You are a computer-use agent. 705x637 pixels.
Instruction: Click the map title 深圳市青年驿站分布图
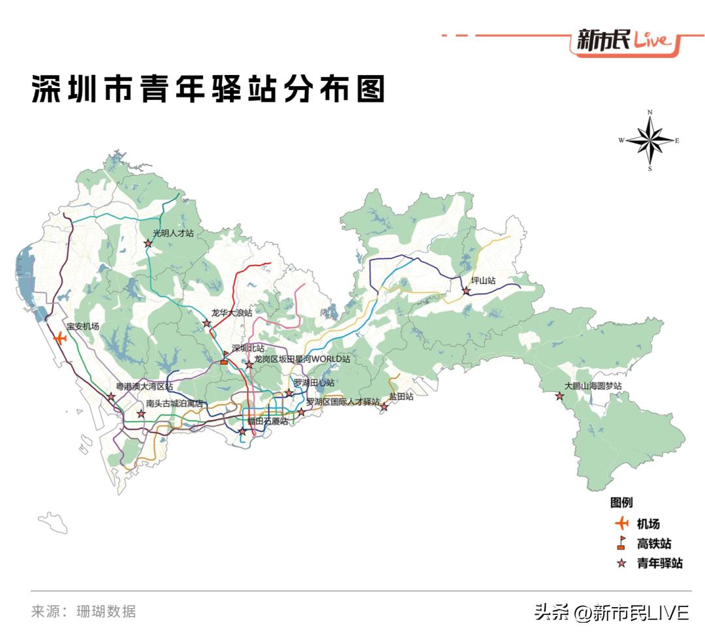pos(208,89)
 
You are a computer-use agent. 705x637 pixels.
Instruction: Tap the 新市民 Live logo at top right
pos(623,40)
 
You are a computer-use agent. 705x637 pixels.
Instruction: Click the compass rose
pos(650,140)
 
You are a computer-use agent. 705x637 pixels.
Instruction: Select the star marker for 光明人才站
pos(148,243)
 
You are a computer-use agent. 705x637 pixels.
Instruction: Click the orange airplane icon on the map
pos(60,338)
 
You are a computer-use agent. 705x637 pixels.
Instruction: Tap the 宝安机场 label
pos(83,326)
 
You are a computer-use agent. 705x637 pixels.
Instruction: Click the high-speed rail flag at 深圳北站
pos(225,358)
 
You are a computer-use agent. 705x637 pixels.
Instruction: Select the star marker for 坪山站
pos(466,290)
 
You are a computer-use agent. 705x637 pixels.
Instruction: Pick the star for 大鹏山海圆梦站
pos(559,396)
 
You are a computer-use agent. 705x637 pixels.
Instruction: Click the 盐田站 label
pos(401,397)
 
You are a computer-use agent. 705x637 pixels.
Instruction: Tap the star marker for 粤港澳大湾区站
pos(112,397)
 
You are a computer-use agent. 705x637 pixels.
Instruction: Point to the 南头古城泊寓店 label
pos(174,404)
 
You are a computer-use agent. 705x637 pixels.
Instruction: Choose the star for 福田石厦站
pos(242,431)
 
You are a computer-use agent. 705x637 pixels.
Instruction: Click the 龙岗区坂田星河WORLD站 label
pos(302,360)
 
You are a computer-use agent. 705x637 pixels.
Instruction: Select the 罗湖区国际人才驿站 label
pos(342,402)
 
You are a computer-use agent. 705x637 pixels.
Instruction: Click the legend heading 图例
pos(621,503)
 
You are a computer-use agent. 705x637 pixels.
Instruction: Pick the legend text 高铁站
pos(653,544)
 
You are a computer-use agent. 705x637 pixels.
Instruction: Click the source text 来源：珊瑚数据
pos(84,612)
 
